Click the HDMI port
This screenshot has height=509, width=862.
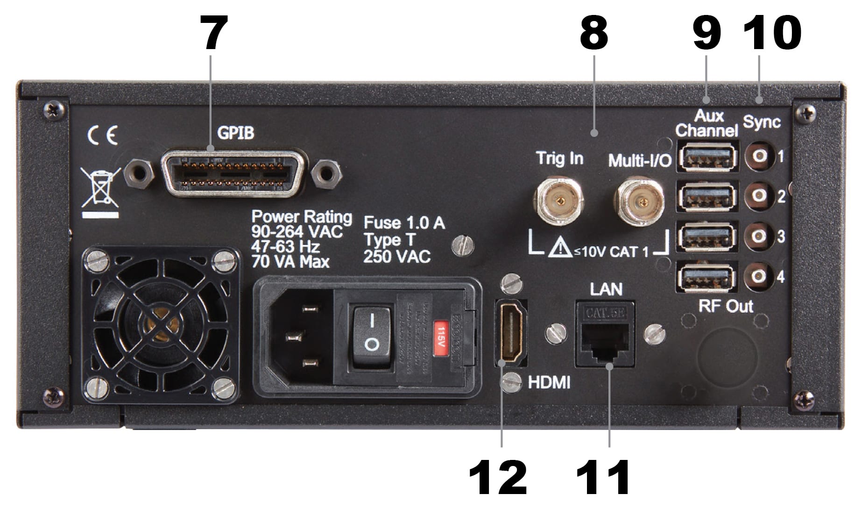511,333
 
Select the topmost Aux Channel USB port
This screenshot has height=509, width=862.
707,157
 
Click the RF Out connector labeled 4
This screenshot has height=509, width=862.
758,277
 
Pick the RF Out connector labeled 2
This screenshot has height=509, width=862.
758,196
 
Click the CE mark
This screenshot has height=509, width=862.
103,136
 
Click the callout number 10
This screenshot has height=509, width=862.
771,34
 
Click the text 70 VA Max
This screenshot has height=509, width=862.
290,262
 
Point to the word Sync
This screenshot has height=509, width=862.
762,122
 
